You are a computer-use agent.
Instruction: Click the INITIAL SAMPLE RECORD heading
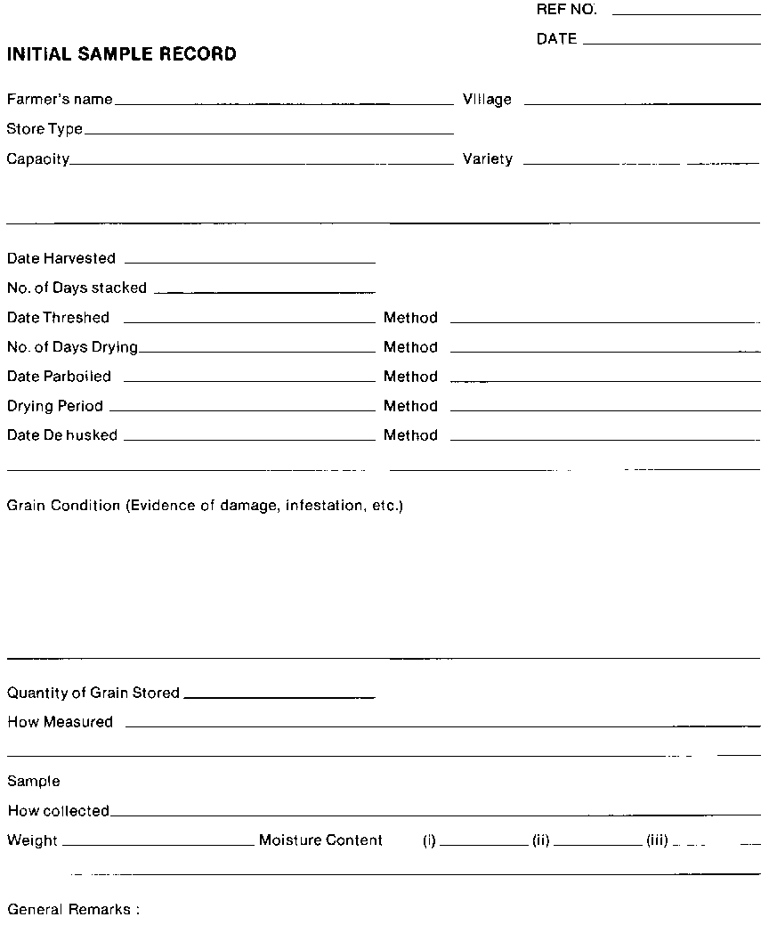click(122, 54)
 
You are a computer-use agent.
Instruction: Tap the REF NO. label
click(567, 11)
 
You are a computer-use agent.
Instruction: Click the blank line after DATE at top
click(672, 43)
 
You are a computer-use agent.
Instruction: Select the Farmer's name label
click(60, 100)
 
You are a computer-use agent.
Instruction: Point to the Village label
click(487, 100)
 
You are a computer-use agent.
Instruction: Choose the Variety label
click(488, 159)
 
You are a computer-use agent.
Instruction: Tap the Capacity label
click(38, 159)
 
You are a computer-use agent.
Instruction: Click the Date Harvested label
click(61, 258)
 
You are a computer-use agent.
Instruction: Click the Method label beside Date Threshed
click(410, 318)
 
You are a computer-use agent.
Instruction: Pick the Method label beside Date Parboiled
click(410, 377)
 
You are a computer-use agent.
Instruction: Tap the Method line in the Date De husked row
click(605, 440)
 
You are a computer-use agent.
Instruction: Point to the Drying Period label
click(55, 406)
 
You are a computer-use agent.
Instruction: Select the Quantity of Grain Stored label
click(93, 693)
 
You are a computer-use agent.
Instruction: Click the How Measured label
click(60, 722)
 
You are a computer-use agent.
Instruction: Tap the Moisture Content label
click(320, 840)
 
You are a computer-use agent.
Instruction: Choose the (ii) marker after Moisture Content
click(540, 840)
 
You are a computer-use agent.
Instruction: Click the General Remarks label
click(73, 910)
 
